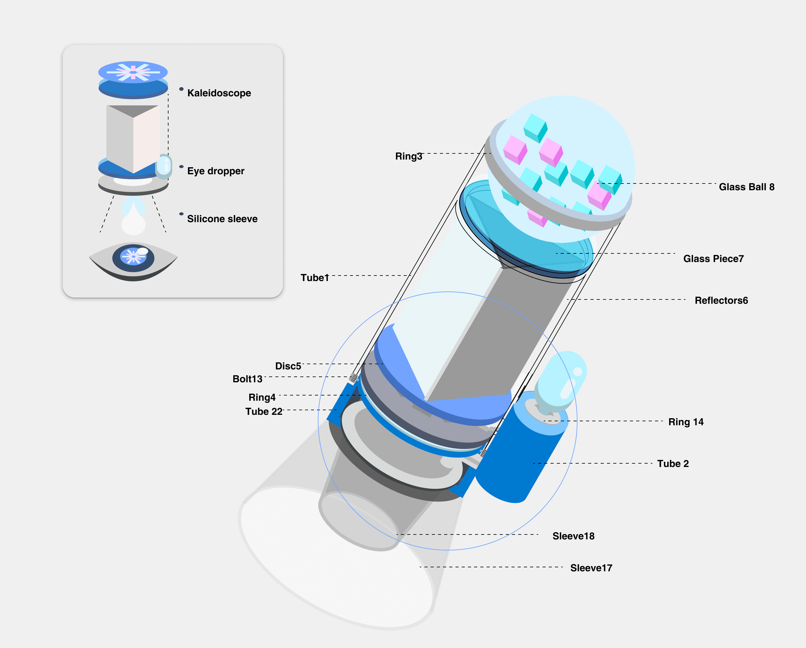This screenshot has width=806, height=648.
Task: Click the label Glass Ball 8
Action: tap(746, 187)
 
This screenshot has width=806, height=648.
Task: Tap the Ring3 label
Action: tap(409, 156)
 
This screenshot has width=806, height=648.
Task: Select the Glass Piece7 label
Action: tap(713, 259)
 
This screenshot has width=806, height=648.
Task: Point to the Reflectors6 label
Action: tap(721, 300)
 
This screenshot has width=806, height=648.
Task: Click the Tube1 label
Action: tap(315, 278)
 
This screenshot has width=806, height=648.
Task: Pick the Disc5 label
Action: tap(288, 366)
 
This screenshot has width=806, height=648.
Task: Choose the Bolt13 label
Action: tap(247, 379)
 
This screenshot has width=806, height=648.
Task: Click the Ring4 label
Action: tap(262, 397)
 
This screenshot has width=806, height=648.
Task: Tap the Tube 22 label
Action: tap(264, 411)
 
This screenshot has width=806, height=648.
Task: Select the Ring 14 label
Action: tap(686, 422)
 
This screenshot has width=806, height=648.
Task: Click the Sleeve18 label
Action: tap(573, 536)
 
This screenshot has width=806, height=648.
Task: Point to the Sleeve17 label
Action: tap(591, 568)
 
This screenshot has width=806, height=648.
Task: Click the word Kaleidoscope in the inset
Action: tap(219, 93)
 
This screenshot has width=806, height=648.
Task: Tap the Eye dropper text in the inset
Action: tap(216, 171)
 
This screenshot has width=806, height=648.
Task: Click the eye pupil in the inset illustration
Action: tap(133, 258)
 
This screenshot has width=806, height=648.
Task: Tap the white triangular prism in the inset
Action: tap(133, 138)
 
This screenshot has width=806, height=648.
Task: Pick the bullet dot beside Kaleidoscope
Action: tap(181, 89)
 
